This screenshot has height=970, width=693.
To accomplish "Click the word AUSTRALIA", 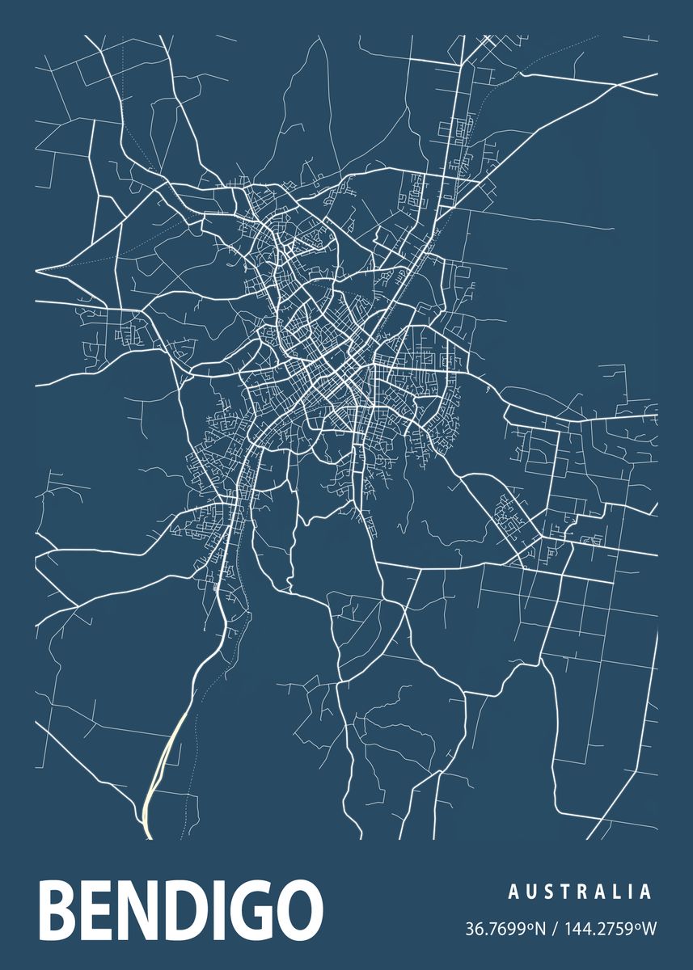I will (580, 892).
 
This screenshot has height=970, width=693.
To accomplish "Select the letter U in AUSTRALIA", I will (530, 892).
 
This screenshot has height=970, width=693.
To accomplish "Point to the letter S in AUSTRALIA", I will (548, 892).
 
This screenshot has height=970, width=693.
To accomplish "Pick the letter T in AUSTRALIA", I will (565, 892).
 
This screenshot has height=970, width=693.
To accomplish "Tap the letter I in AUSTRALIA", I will (630, 892).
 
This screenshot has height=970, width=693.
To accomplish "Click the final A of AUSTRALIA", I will (644, 892).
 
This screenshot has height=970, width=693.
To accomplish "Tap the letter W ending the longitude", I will (649, 928).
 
